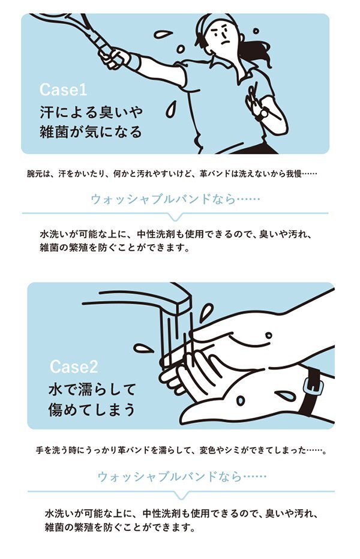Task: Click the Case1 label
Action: pos(63,91)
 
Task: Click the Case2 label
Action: pos(74,366)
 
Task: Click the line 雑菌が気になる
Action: pos(91,132)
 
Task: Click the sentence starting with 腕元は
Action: pos(171,175)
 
